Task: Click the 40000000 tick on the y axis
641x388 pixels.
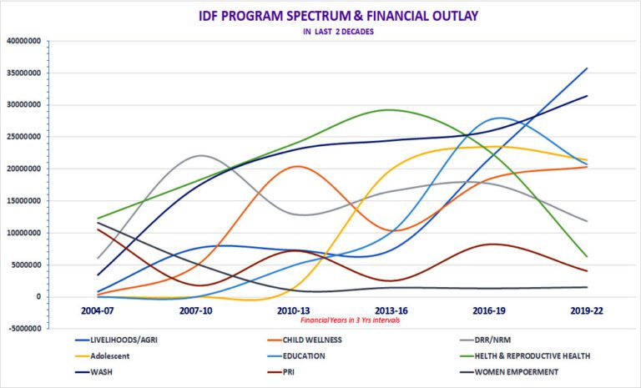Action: [26, 41]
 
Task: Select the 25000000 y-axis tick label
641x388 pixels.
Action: [26, 137]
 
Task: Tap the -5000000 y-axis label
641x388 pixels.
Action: [26, 329]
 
